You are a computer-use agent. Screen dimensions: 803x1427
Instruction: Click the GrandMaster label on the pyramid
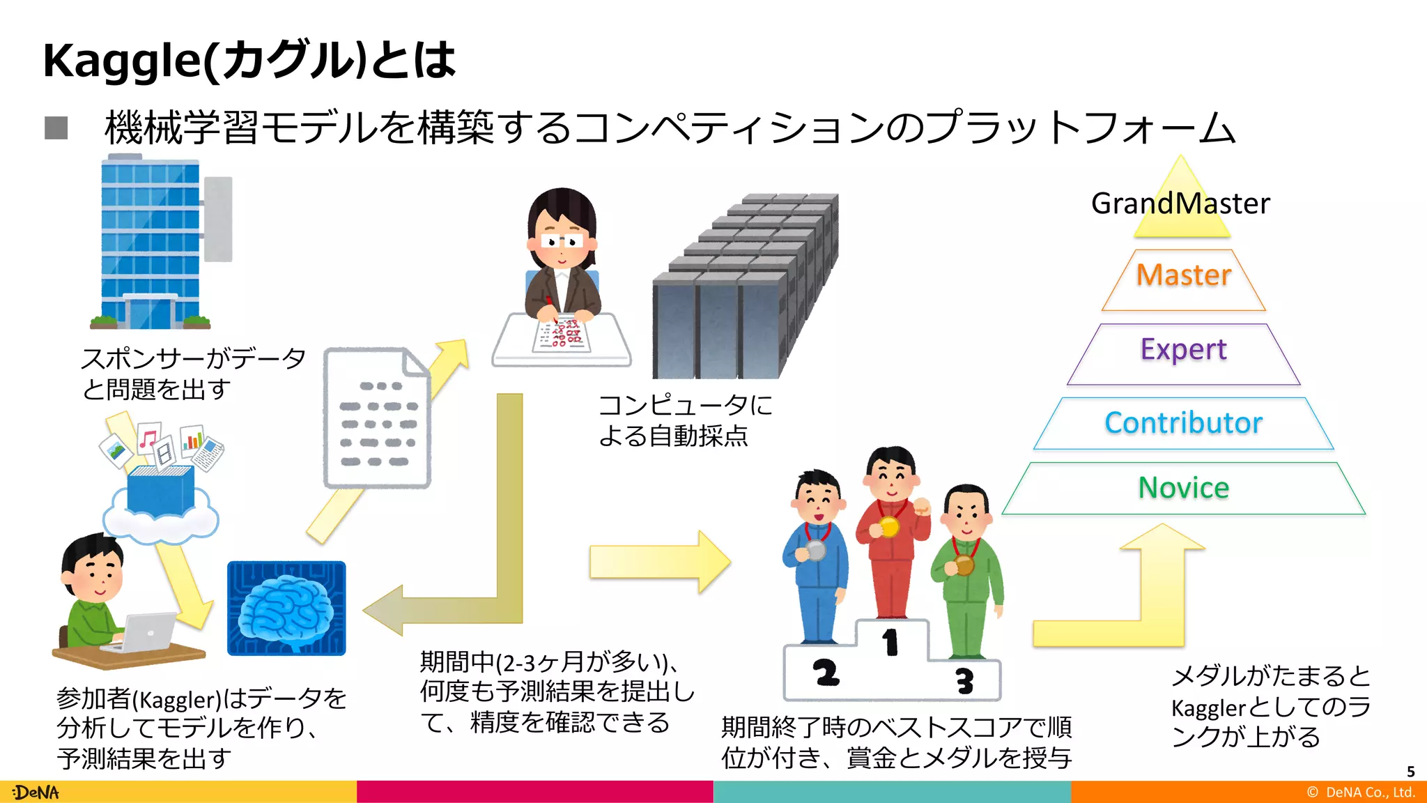(x=1180, y=204)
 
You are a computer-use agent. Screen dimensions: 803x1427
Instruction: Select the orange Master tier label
(x=1184, y=275)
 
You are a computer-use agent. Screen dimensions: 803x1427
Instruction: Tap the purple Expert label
(x=1183, y=349)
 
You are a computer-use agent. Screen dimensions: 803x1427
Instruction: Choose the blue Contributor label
(x=1183, y=423)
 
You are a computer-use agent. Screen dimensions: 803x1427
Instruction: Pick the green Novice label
(x=1183, y=488)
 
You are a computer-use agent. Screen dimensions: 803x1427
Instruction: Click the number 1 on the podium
(x=890, y=642)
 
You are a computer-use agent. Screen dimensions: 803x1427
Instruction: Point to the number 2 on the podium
(x=826, y=673)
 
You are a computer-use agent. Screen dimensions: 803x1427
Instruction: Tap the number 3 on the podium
(x=964, y=680)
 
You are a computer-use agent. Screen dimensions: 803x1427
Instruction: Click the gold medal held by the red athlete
(x=888, y=526)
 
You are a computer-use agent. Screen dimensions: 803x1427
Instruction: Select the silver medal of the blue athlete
(x=815, y=551)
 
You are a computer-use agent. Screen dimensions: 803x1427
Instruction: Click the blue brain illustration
(x=286, y=608)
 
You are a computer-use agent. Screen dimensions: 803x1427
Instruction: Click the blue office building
(x=151, y=244)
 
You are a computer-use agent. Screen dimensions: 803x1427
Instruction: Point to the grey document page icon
(x=377, y=418)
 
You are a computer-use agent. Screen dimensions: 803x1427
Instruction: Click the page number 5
(x=1410, y=772)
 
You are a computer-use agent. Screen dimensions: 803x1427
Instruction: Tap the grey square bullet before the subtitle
(x=56, y=128)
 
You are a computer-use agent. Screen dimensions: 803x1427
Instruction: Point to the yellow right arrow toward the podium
(x=658, y=562)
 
